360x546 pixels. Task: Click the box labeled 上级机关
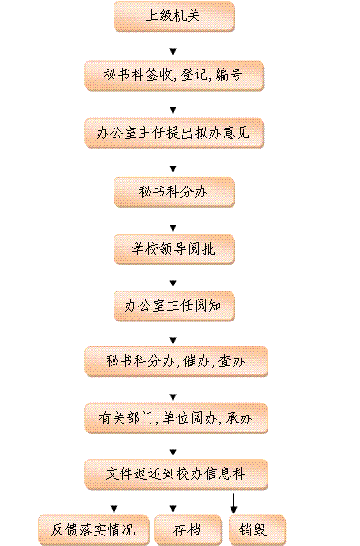click(x=174, y=16)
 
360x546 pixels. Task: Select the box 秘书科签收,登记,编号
click(x=174, y=75)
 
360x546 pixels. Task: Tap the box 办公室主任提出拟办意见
click(x=174, y=133)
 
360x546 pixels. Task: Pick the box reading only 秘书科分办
click(x=174, y=192)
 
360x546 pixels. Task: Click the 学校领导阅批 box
click(x=174, y=249)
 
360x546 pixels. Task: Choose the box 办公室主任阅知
click(x=174, y=306)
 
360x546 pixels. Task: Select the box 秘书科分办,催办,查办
click(x=176, y=361)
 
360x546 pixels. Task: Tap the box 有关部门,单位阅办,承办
click(x=176, y=418)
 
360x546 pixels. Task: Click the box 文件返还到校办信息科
click(x=176, y=475)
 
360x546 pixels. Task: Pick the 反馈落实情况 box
click(x=93, y=530)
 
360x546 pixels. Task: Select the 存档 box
click(x=187, y=530)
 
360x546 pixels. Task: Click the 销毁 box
click(x=257, y=530)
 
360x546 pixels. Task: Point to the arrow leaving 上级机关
click(x=173, y=45)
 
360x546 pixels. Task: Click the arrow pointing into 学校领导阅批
click(x=173, y=222)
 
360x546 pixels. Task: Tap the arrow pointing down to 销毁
click(x=233, y=503)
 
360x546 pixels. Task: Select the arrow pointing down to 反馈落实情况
click(x=114, y=503)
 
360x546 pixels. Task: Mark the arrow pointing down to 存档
click(x=173, y=503)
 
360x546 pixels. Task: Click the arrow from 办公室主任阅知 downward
click(x=173, y=335)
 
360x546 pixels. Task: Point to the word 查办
click(x=231, y=361)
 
